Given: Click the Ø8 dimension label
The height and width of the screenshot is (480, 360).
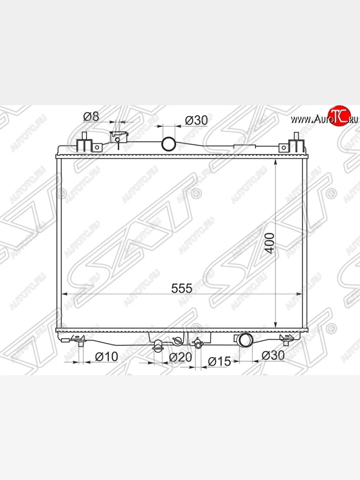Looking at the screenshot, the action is pos(91,116).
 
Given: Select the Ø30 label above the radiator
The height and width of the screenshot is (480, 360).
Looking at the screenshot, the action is pos(196,120).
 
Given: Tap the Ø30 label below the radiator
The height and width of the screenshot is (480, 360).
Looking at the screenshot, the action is pos(273,355).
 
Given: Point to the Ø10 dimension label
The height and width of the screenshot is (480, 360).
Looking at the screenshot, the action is pos(106,357).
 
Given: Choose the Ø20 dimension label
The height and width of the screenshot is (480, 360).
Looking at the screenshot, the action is pos(180,357).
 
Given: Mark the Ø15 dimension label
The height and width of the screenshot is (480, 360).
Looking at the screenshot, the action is pos(219,362).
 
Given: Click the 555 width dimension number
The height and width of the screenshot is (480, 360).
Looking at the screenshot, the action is pos(182,288).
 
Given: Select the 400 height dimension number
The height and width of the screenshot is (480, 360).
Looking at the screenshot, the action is pos(270,243).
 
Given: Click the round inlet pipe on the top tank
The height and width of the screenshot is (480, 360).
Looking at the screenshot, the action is pos(169,144).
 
